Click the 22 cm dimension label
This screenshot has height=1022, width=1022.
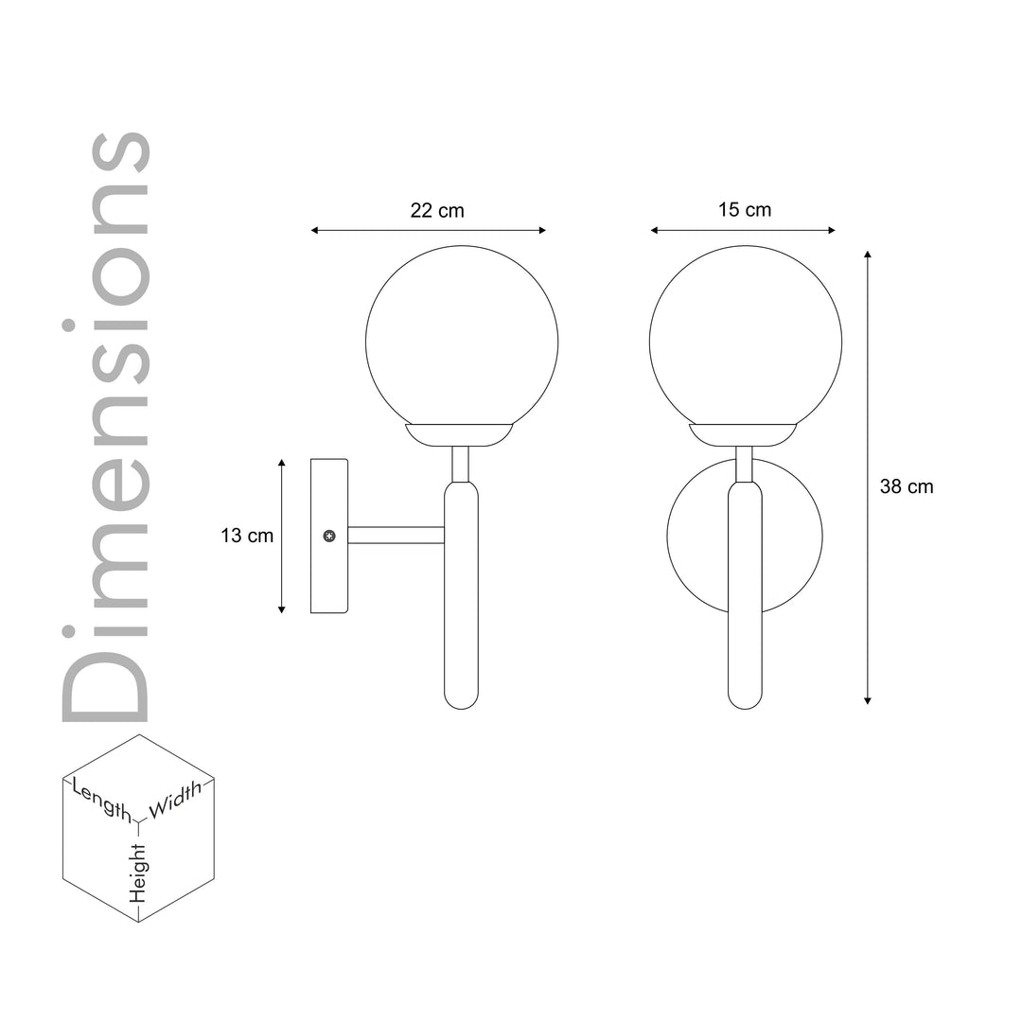(x=437, y=211)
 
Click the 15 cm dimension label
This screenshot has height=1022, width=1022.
(x=744, y=210)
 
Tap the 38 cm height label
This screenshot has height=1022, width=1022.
(x=907, y=487)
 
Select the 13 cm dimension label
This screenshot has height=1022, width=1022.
(x=247, y=536)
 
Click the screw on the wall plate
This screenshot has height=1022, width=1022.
(x=329, y=537)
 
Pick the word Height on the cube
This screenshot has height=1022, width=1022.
(x=138, y=871)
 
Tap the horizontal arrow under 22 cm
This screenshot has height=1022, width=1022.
(x=429, y=230)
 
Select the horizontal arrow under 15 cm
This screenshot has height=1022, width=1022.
(x=743, y=230)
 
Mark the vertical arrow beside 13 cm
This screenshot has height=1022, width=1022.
(x=282, y=537)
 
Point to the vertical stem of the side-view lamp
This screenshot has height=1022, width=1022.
(x=461, y=596)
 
